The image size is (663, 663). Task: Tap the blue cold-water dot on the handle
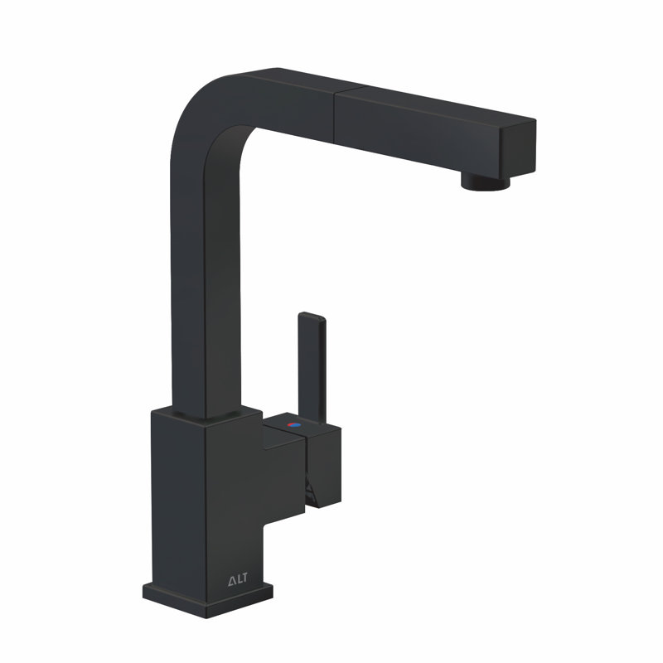[294, 426]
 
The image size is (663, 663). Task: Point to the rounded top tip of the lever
[308, 316]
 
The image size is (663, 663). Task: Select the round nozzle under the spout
[483, 181]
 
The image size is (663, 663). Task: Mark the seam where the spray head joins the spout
[334, 108]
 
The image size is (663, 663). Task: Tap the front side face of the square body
[236, 497]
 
